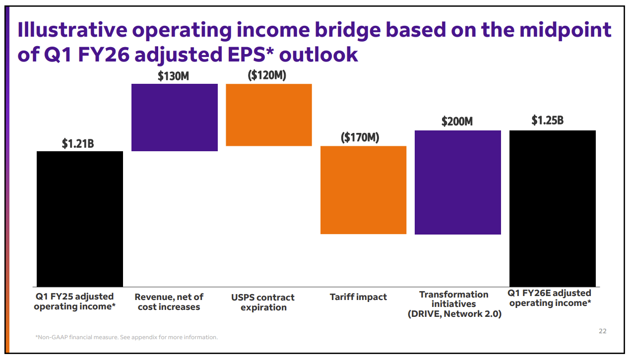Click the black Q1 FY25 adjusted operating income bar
[x=80, y=219]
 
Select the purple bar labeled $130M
[x=175, y=117]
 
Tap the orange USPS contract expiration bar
[x=269, y=115]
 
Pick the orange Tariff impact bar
[x=364, y=190]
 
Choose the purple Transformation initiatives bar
[x=458, y=182]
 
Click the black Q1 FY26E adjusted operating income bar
[x=553, y=208]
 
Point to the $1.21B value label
[x=78, y=144]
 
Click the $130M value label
[x=174, y=76]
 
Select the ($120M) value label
[x=267, y=76]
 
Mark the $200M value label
[x=457, y=121]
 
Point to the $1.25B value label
[x=547, y=120]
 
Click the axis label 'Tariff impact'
[x=358, y=298]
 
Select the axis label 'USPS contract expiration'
[x=263, y=302]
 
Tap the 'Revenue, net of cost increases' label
[x=169, y=302]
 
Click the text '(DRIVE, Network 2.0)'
[x=454, y=314]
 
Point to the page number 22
[x=602, y=331]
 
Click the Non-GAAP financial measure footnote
[x=126, y=337]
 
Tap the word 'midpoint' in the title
[x=565, y=30]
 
